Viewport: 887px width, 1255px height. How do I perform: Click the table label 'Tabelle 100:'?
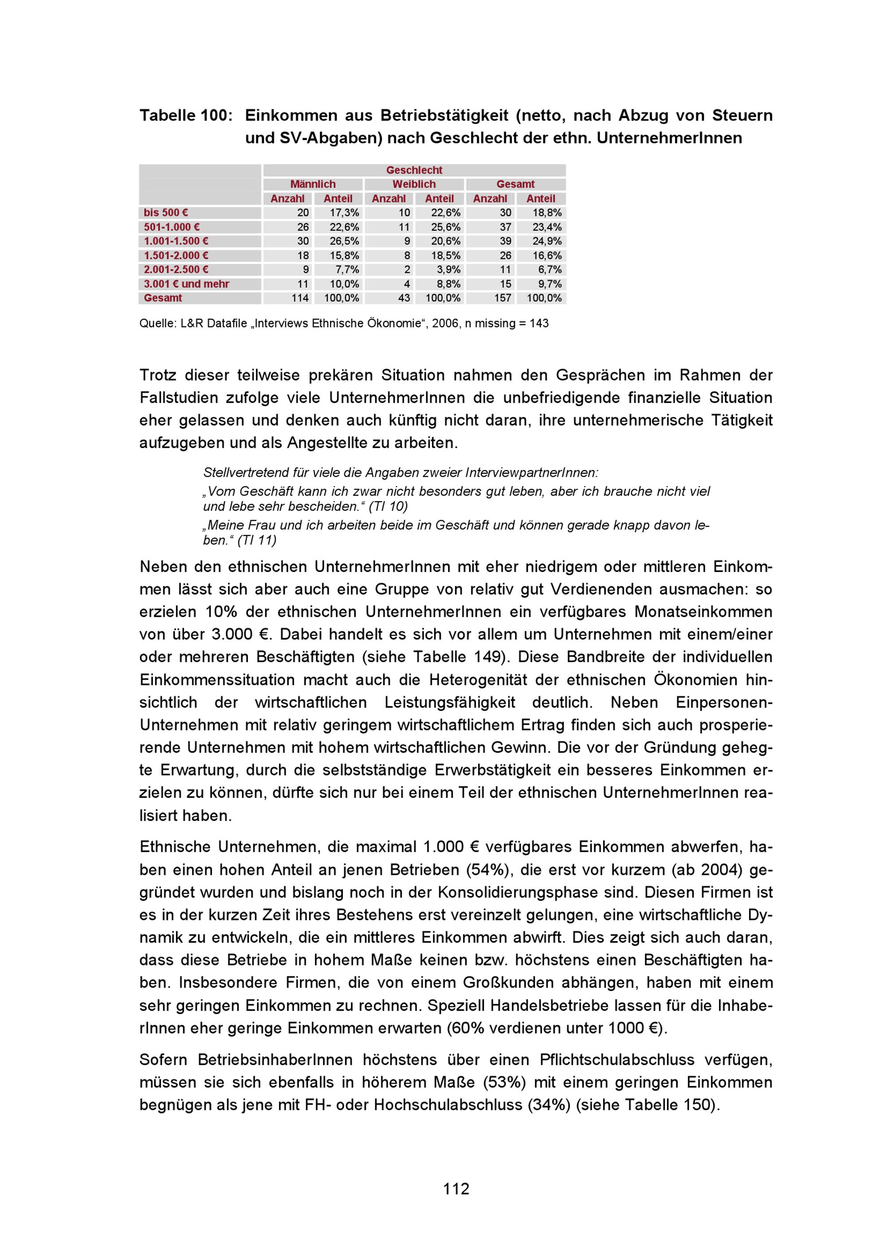pyautogui.click(x=186, y=115)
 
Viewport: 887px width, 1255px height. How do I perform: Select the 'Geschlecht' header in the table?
pyautogui.click(x=414, y=170)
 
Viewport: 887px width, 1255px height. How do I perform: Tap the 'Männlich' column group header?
pyautogui.click(x=313, y=184)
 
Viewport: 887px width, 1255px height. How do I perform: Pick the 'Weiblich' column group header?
pyautogui.click(x=414, y=184)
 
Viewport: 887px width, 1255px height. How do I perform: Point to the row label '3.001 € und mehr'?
pyautogui.click(x=186, y=284)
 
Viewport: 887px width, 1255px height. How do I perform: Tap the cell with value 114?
pyautogui.click(x=300, y=298)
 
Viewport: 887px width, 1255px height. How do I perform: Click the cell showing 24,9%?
pyautogui.click(x=547, y=241)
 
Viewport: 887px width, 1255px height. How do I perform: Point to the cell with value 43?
pyautogui.click(x=404, y=298)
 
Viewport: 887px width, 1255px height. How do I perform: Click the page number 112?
pyautogui.click(x=456, y=1189)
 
